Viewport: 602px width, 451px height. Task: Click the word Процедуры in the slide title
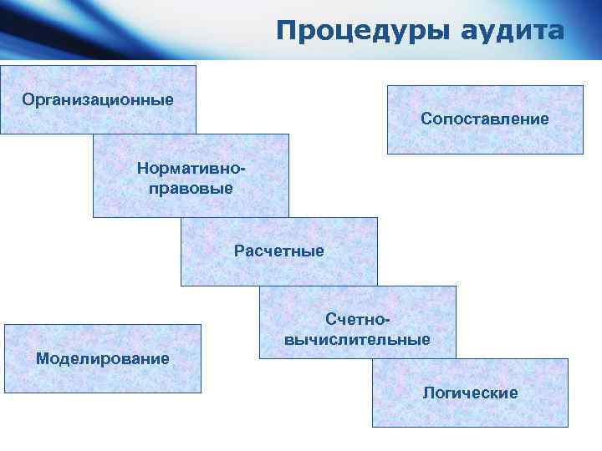364,31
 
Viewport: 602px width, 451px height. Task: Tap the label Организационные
98,100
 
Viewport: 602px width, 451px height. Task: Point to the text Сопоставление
485,119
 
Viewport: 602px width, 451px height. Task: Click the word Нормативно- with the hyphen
191,170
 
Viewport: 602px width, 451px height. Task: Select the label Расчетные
278,251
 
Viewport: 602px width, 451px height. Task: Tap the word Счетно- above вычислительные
358,321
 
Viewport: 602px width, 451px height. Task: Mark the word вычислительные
358,339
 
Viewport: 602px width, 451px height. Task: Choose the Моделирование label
102,358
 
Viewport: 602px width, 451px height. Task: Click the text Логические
470,393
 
